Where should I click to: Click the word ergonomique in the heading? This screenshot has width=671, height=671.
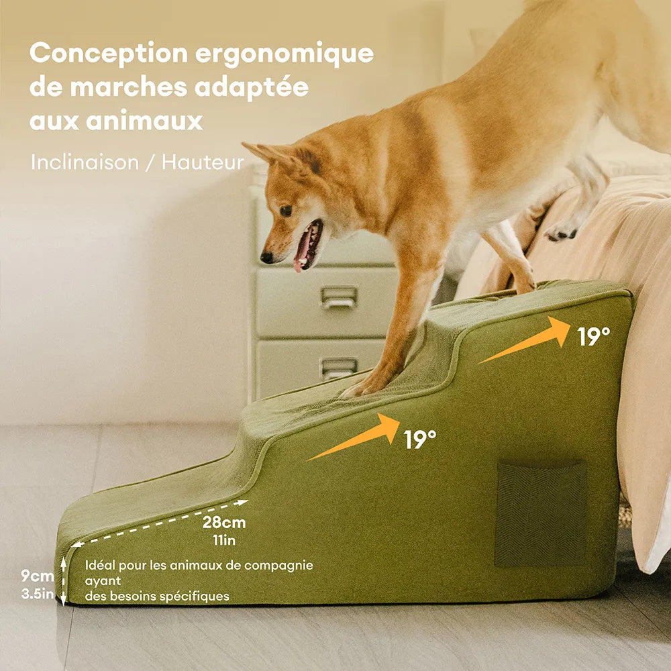(x=285, y=54)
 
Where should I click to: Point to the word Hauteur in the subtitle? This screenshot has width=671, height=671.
(x=202, y=162)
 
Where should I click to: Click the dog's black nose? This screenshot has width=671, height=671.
(x=266, y=257)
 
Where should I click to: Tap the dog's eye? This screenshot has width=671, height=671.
(x=285, y=210)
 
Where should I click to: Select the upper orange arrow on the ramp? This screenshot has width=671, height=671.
(x=527, y=340)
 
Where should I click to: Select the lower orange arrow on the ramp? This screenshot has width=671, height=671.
(x=356, y=437)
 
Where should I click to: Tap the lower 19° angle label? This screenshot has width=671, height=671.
(x=420, y=440)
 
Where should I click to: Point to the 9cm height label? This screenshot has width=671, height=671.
(x=36, y=575)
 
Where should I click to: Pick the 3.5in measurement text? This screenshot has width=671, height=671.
(x=36, y=593)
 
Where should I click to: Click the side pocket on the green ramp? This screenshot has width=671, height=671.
(x=541, y=513)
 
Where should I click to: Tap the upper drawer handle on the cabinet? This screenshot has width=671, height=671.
(x=339, y=297)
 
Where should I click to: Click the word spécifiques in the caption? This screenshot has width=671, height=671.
(x=196, y=596)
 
